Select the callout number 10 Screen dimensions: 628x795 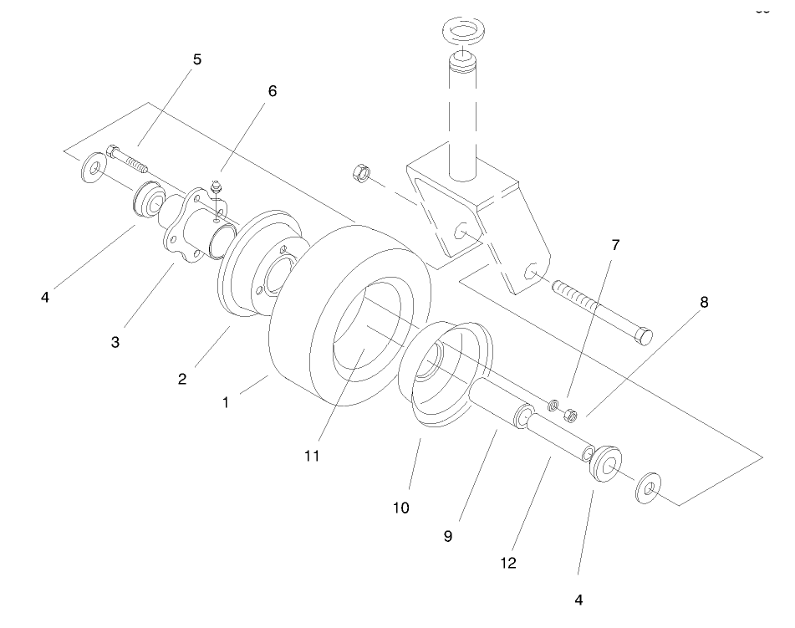click(402, 508)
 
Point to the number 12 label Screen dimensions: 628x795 click(507, 563)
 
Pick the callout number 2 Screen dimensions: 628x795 click(181, 378)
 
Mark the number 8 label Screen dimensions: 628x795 click(704, 303)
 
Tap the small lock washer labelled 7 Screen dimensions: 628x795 click(553, 405)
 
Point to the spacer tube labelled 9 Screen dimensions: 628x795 click(500, 402)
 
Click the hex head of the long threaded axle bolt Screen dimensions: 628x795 click(644, 336)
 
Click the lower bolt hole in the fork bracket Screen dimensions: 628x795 click(527, 272)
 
